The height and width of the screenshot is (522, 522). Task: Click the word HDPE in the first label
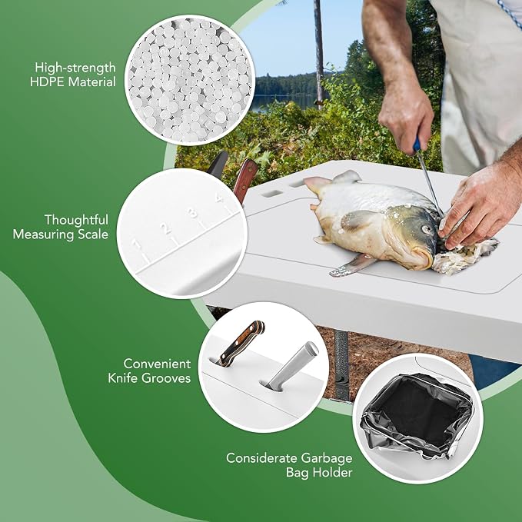pos(48,82)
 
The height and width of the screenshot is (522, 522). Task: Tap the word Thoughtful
pos(77,220)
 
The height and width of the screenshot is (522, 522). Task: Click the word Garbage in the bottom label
pos(326,459)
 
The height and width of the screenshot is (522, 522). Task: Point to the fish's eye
pos(426,229)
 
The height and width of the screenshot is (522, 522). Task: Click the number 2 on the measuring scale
pos(165,228)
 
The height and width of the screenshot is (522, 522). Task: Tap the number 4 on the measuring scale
pos(219,198)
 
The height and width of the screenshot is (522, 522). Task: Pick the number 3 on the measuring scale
pos(192,212)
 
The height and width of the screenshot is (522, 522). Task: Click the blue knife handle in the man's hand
pos(417,145)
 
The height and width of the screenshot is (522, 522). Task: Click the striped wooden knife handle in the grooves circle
pos(241,343)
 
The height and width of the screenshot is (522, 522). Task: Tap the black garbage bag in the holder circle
pos(417,414)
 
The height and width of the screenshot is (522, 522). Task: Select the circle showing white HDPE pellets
pos(190,80)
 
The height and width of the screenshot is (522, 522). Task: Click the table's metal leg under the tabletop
pos(342,365)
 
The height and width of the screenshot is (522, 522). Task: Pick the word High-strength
pos(75,68)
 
